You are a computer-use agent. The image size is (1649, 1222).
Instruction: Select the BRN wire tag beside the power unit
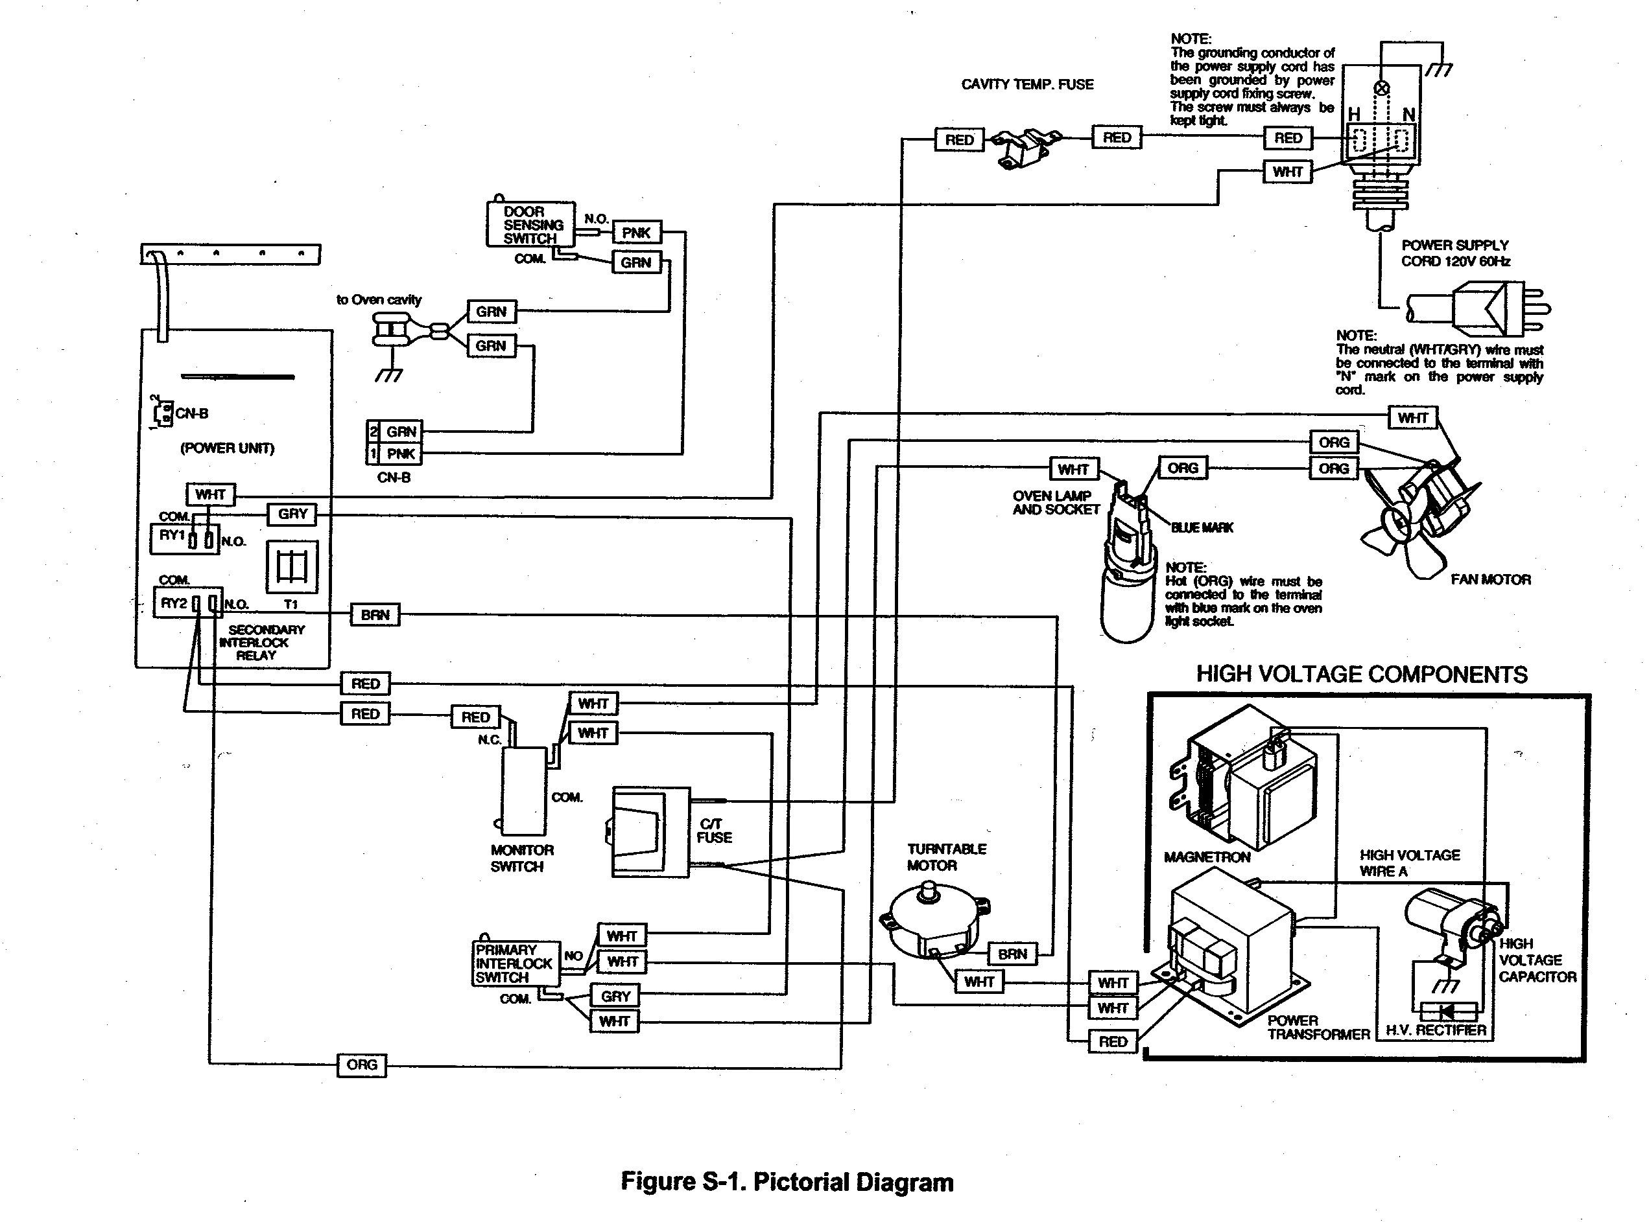click(x=375, y=615)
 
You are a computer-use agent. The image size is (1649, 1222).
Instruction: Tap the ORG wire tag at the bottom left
click(x=361, y=1065)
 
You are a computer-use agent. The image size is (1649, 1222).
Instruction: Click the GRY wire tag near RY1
click(x=292, y=514)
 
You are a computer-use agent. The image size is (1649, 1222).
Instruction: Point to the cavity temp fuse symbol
click(x=1025, y=146)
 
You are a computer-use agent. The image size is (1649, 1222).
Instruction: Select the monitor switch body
click(x=524, y=792)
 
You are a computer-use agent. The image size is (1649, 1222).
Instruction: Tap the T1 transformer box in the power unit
click(x=292, y=568)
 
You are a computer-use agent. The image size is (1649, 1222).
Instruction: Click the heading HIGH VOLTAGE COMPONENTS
click(x=1361, y=674)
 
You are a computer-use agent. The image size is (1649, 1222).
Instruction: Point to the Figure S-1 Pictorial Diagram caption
click(x=786, y=1181)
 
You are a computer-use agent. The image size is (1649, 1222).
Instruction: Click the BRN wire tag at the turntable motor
click(x=1012, y=954)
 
